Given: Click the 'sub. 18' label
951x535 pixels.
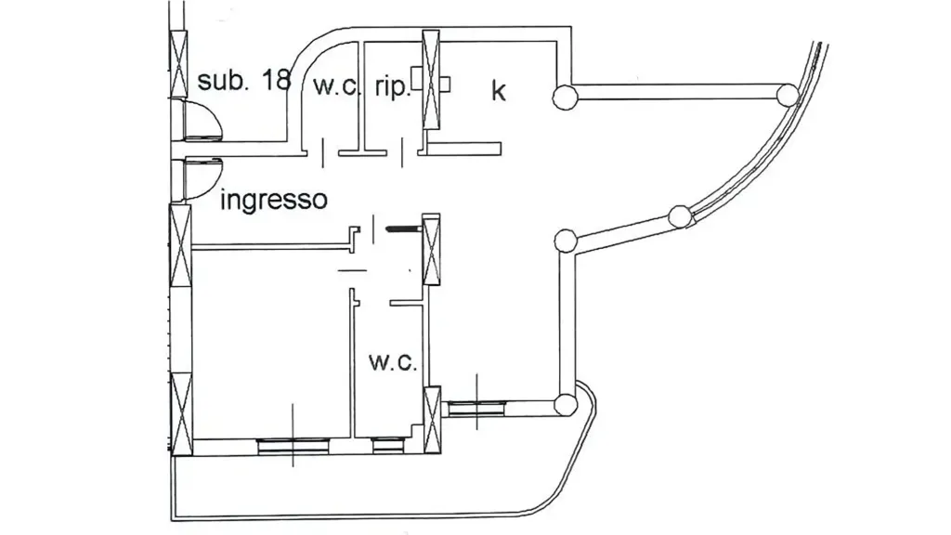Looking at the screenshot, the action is coord(244,80).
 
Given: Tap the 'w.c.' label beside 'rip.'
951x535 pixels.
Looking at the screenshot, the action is coord(336,85).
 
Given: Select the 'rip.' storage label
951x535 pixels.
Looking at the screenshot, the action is coord(393,86).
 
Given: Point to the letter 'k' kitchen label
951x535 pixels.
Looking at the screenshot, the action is coord(498,90).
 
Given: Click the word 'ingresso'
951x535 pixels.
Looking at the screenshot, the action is coord(274,199).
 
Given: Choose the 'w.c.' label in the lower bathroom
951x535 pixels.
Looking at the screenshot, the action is coord(393,362).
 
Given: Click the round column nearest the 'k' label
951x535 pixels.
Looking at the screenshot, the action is coord(565,97).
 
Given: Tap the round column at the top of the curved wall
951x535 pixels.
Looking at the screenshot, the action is coord(788,96).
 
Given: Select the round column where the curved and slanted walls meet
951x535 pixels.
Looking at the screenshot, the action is coord(680,216).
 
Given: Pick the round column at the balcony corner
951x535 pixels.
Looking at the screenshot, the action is coord(566,405).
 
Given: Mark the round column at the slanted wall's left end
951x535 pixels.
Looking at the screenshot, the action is coord(566,241).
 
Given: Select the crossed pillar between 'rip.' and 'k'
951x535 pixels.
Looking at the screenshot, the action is coord(431,80).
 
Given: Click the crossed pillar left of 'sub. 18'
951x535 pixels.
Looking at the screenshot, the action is coord(178,63).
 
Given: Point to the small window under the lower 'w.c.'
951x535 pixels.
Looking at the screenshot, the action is coord(388,446).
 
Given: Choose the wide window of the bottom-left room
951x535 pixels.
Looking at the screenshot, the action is coord(293,447).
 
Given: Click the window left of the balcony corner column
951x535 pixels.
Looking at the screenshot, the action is coord(476,409).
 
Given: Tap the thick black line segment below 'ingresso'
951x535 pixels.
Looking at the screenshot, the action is coord(404,228).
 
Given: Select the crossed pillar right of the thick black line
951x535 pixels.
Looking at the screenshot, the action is coord(431,249).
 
